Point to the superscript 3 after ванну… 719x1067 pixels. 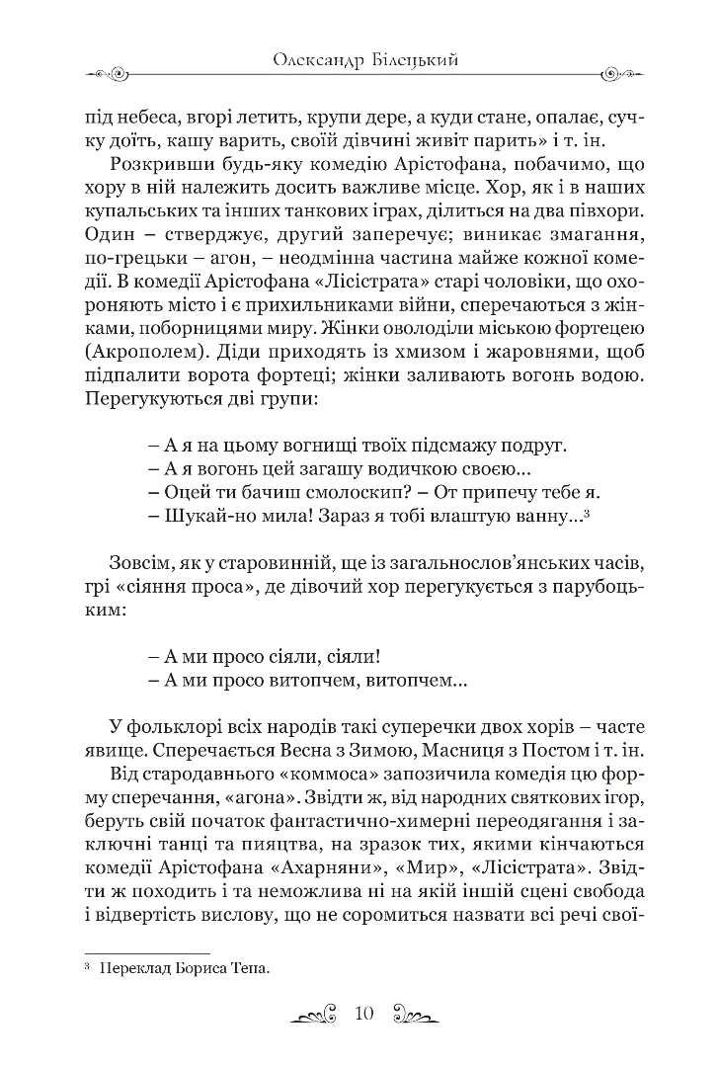[587, 512]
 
